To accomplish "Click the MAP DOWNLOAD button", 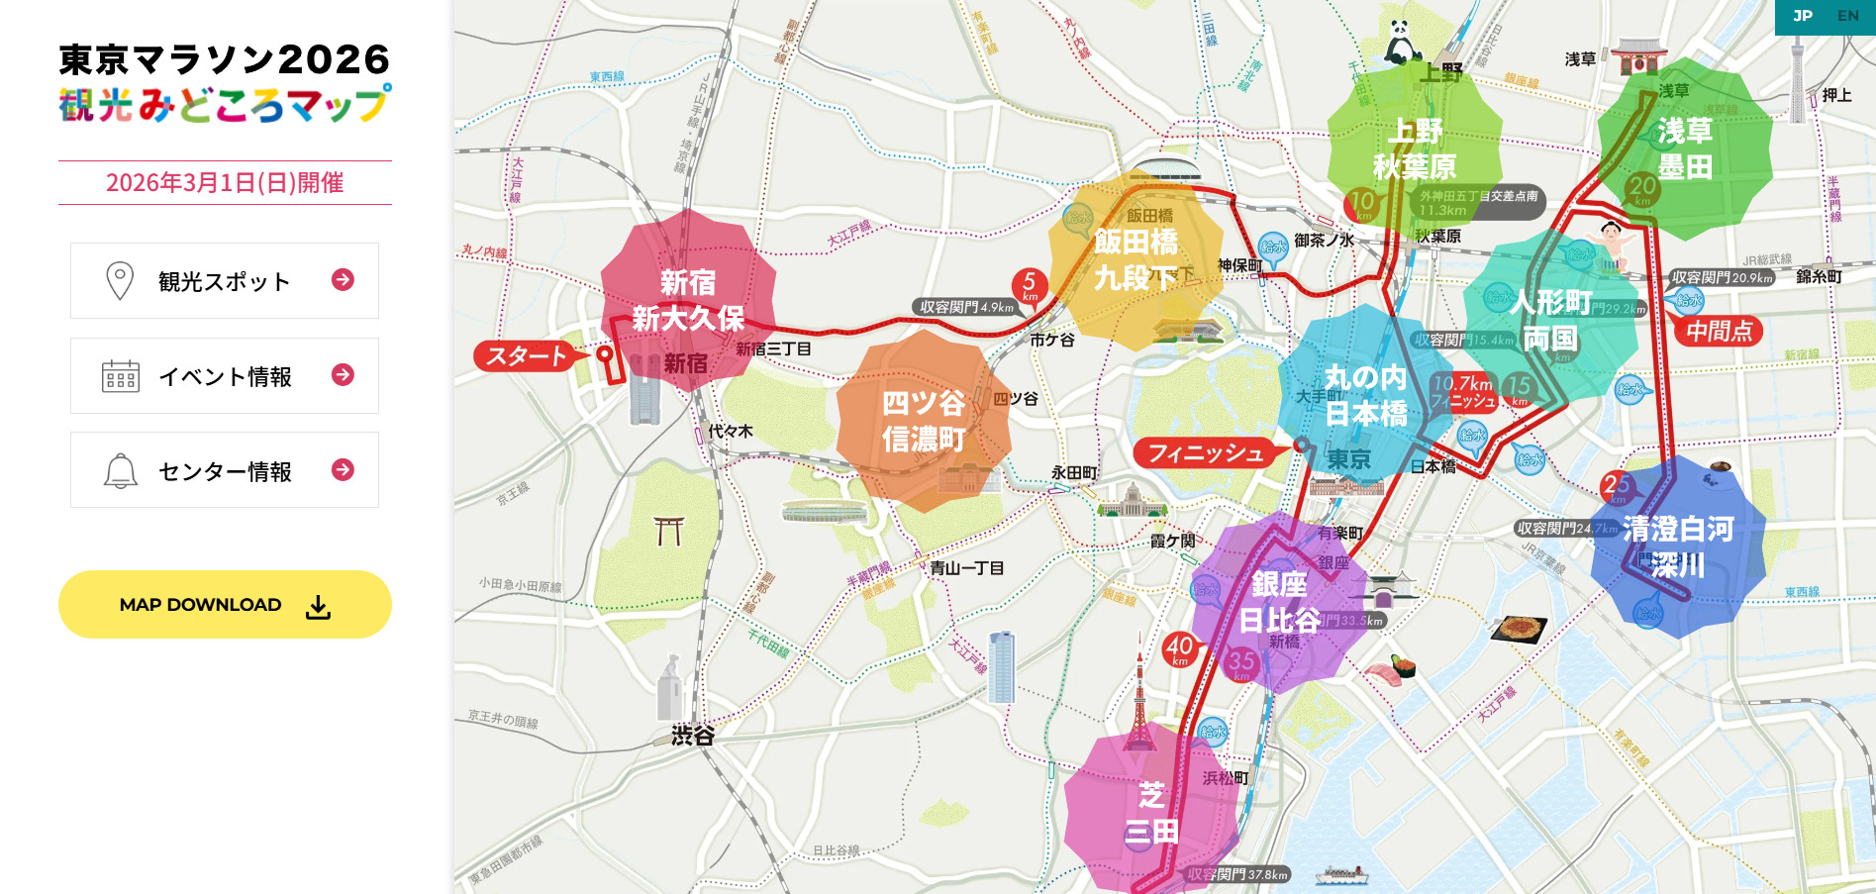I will (225, 605).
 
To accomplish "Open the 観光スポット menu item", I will (225, 281).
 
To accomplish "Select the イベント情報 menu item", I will (225, 376).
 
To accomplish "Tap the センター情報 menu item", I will (225, 471).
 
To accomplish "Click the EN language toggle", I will (1847, 16).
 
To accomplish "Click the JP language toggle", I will (1802, 16).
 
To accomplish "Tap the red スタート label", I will (526, 356).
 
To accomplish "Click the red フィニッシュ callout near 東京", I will (1205, 453).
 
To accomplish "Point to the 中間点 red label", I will (1719, 332).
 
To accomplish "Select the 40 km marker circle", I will (1179, 649).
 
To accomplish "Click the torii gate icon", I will (669, 531).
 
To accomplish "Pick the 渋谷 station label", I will (692, 736).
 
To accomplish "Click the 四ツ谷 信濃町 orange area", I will (923, 421).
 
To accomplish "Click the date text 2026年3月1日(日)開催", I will (225, 183).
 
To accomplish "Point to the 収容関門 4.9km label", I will (966, 307).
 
